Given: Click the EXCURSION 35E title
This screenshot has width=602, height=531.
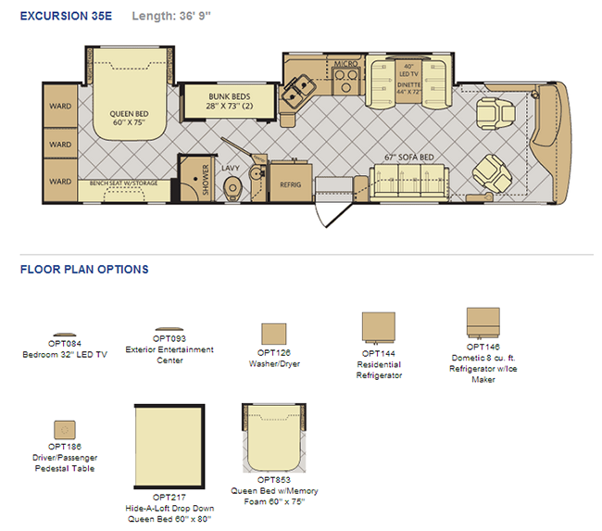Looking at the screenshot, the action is (66, 16).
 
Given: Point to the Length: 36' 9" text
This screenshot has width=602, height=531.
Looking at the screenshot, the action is (171, 16).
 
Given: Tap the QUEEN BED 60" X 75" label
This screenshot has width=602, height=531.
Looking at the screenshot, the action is (129, 118).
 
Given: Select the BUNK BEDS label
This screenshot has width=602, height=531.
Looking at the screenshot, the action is (230, 96).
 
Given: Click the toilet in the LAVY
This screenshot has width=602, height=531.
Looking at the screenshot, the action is (232, 187).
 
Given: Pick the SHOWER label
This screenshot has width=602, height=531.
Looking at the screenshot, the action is (206, 180).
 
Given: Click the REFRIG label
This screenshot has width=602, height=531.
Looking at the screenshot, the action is (290, 184).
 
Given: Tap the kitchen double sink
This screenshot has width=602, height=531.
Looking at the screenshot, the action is (299, 91).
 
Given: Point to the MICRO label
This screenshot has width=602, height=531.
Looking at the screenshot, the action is (345, 64).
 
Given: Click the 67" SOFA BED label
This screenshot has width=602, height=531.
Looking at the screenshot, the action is (409, 158).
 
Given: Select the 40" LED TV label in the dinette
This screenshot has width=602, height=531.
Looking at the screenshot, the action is (408, 70).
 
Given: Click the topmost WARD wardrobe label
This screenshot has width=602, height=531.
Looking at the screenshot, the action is (60, 106).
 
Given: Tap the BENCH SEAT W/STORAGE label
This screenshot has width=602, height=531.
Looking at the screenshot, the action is (123, 183).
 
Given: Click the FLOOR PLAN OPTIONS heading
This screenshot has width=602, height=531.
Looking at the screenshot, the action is (84, 270).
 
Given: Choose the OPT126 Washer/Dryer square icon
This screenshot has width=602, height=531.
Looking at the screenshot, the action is (274, 334).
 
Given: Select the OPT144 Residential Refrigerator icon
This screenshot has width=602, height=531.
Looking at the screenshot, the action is (379, 327).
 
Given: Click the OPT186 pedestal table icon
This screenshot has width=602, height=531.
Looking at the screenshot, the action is (65, 430).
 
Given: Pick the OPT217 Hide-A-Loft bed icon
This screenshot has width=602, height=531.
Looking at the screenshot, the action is (169, 447).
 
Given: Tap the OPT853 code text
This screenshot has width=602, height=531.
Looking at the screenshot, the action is (274, 480).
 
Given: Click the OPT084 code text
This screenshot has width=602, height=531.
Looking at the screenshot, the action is (65, 344).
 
